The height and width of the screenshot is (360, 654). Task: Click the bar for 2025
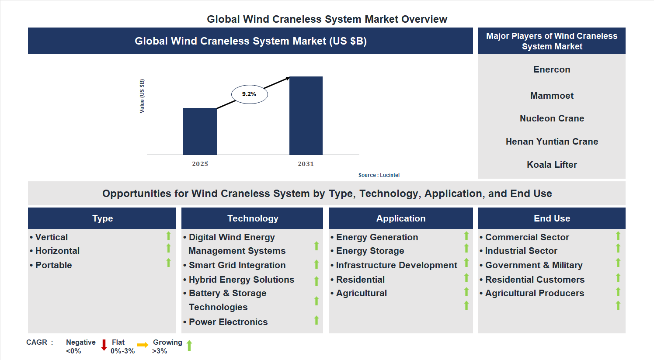point(200,131)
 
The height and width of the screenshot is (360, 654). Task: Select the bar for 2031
point(306,116)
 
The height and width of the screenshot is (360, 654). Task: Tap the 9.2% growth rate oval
point(249,94)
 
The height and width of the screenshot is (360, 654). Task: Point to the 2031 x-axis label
point(306,164)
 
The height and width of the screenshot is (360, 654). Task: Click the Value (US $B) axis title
point(142,96)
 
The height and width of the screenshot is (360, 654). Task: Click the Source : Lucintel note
point(379,175)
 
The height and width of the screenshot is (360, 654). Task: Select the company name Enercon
point(552,69)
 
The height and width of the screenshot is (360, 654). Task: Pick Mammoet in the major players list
point(552,96)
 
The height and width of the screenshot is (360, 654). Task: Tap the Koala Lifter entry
point(552,165)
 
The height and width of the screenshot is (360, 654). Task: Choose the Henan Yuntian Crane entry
point(552,142)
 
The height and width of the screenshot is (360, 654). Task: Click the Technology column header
point(252,218)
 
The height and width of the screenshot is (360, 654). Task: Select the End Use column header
point(552,218)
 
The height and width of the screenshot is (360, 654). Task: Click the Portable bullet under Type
point(53,265)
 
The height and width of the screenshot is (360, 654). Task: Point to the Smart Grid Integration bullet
point(237,265)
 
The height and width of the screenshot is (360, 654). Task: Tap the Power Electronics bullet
point(228,322)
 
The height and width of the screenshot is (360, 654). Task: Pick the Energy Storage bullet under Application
point(370,251)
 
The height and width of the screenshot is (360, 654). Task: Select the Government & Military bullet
point(534,265)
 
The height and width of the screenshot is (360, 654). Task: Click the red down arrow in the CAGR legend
point(104,345)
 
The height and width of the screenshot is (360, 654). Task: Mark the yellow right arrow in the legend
point(143,345)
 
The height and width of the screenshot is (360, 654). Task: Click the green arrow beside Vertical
point(168,236)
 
